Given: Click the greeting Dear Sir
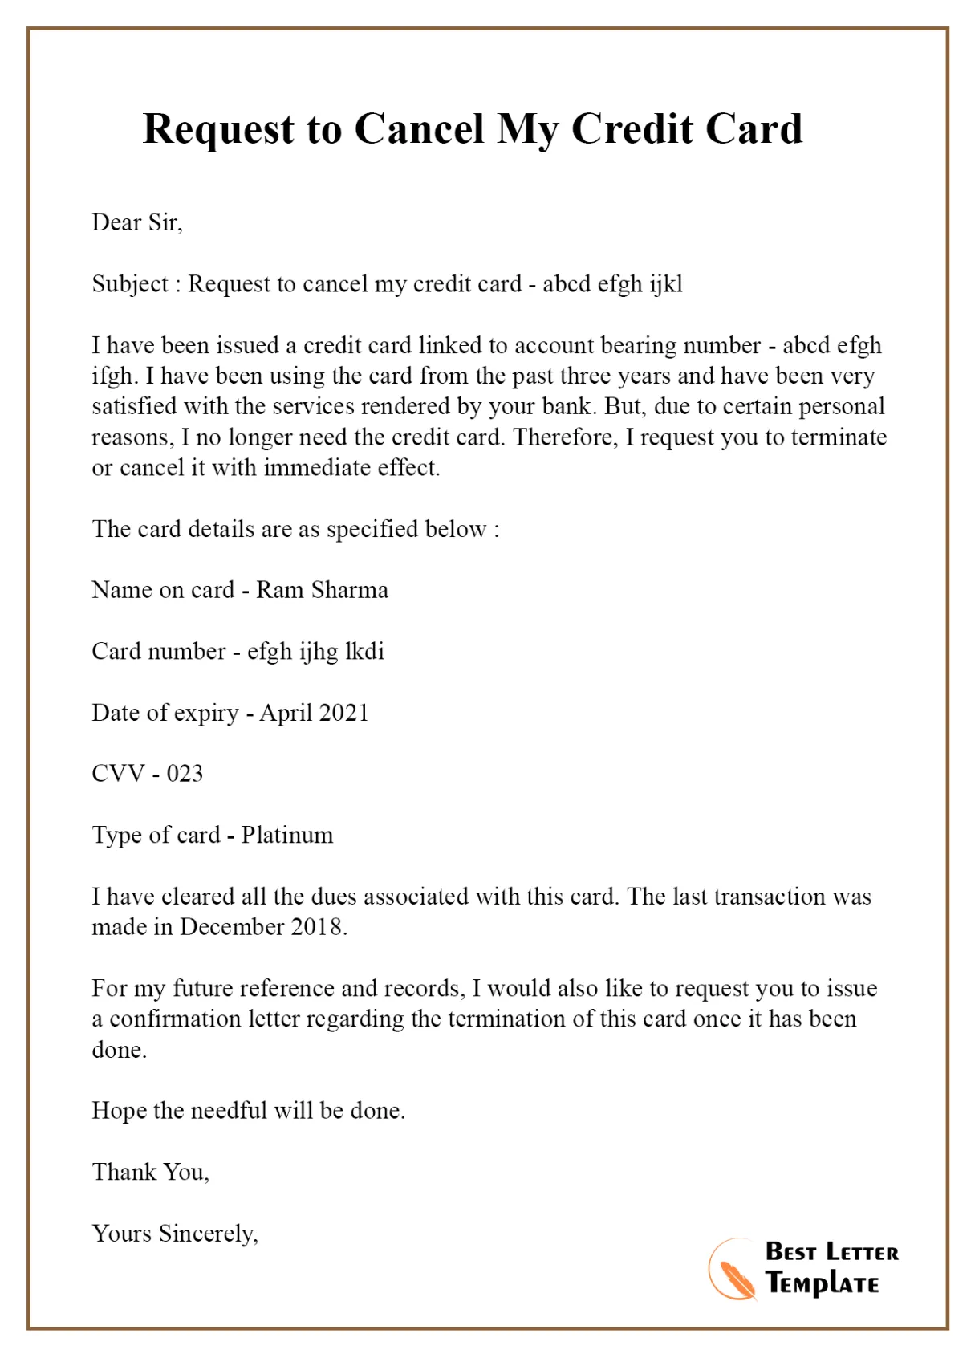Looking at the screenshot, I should [x=137, y=222].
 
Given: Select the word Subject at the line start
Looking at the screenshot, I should [x=130, y=284].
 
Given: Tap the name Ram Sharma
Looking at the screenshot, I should [x=322, y=590].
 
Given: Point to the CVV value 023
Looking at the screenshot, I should [x=185, y=774].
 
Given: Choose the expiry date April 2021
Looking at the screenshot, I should [x=314, y=713].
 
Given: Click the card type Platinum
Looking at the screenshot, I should [x=287, y=835].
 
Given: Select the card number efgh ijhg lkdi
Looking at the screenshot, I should [x=315, y=651].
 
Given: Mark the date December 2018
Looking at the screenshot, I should [x=262, y=927].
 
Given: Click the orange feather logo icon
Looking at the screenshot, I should [x=732, y=1271].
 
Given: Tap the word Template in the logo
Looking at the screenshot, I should [x=823, y=1283].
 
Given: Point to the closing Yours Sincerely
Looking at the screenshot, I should [x=175, y=1233].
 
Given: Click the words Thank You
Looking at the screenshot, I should [x=150, y=1172].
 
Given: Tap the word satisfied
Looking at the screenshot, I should [x=135, y=406].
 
